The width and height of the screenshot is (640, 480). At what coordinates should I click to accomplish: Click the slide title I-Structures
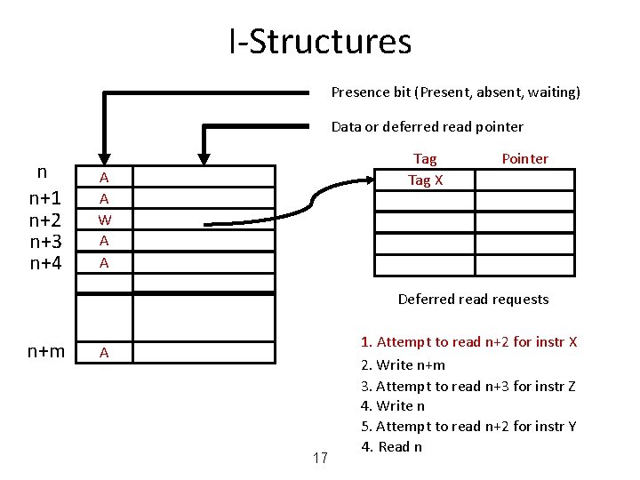click(x=320, y=42)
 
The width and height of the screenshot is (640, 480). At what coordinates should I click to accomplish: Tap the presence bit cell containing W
click(x=104, y=220)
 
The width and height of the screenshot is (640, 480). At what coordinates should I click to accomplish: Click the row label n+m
click(x=46, y=352)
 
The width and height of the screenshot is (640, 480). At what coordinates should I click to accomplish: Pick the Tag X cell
click(x=425, y=180)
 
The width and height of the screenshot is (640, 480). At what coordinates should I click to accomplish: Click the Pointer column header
click(x=524, y=159)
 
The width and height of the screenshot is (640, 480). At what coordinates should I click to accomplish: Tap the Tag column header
click(x=425, y=159)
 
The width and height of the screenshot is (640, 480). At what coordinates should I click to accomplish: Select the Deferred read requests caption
click(x=473, y=299)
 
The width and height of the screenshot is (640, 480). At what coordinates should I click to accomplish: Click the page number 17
click(x=321, y=459)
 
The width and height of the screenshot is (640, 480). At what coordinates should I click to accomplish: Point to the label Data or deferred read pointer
click(x=427, y=126)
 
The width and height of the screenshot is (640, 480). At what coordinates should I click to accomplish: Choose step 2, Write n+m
click(x=403, y=364)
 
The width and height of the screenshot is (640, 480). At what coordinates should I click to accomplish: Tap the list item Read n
click(x=392, y=446)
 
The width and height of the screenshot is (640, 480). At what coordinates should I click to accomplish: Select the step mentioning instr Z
click(x=468, y=386)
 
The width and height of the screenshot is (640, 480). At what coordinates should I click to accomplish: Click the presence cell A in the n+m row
click(x=104, y=353)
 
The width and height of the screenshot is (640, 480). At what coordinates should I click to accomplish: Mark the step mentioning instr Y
click(x=468, y=427)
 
